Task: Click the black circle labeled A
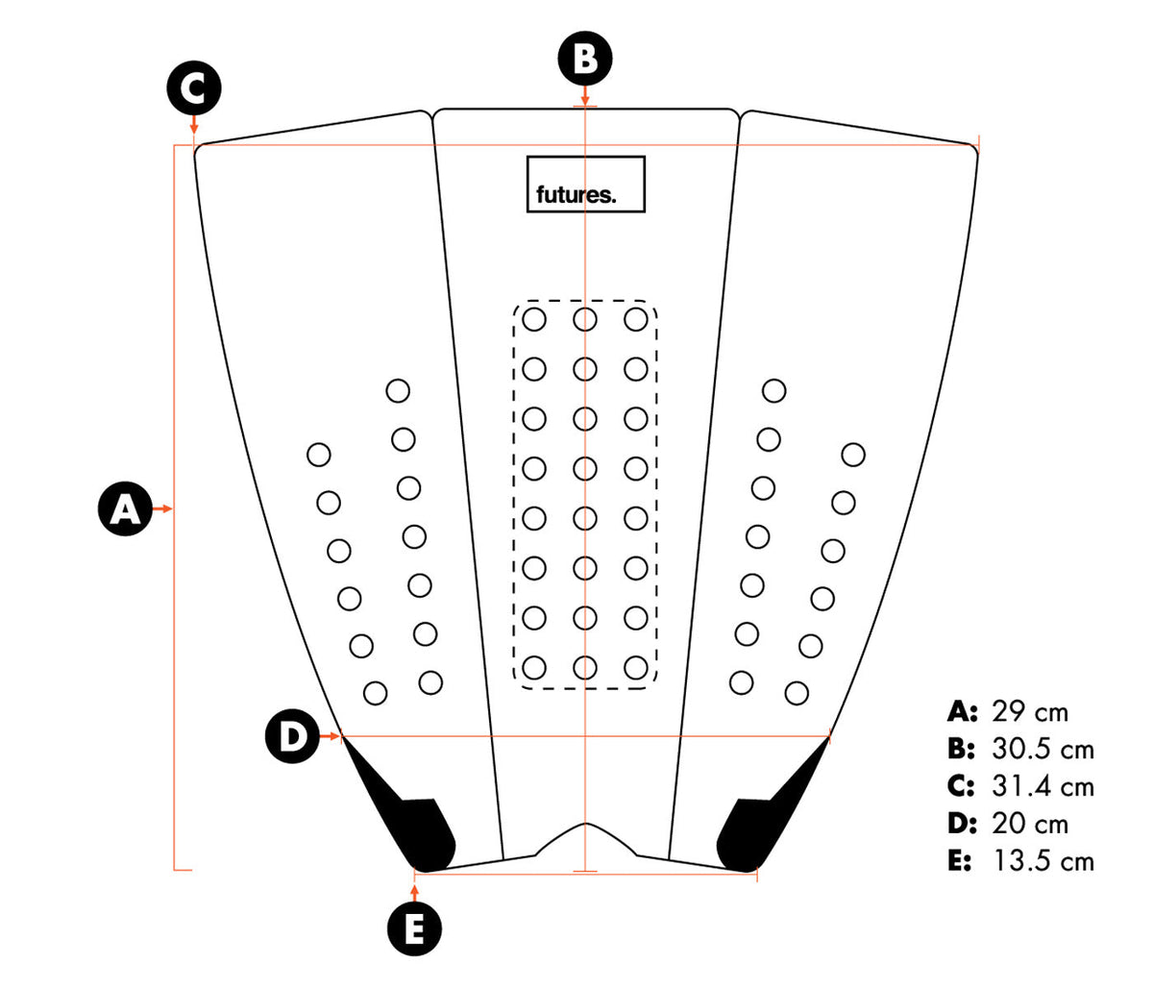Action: (126, 508)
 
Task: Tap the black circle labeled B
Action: (585, 59)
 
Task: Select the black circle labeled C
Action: (194, 88)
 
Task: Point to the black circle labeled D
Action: (292, 736)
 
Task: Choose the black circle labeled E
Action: (414, 929)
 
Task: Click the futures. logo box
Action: (586, 185)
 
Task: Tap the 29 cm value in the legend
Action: (1030, 712)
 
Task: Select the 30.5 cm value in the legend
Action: (1043, 749)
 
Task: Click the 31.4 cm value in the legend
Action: (1043, 786)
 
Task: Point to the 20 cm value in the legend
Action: (1030, 824)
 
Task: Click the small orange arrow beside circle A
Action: (162, 508)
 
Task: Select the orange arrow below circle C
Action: (194, 124)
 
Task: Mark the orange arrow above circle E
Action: (414, 893)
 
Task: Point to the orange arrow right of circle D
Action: (330, 736)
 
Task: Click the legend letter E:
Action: (960, 860)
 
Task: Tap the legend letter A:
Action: (962, 712)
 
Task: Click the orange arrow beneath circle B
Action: (585, 95)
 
